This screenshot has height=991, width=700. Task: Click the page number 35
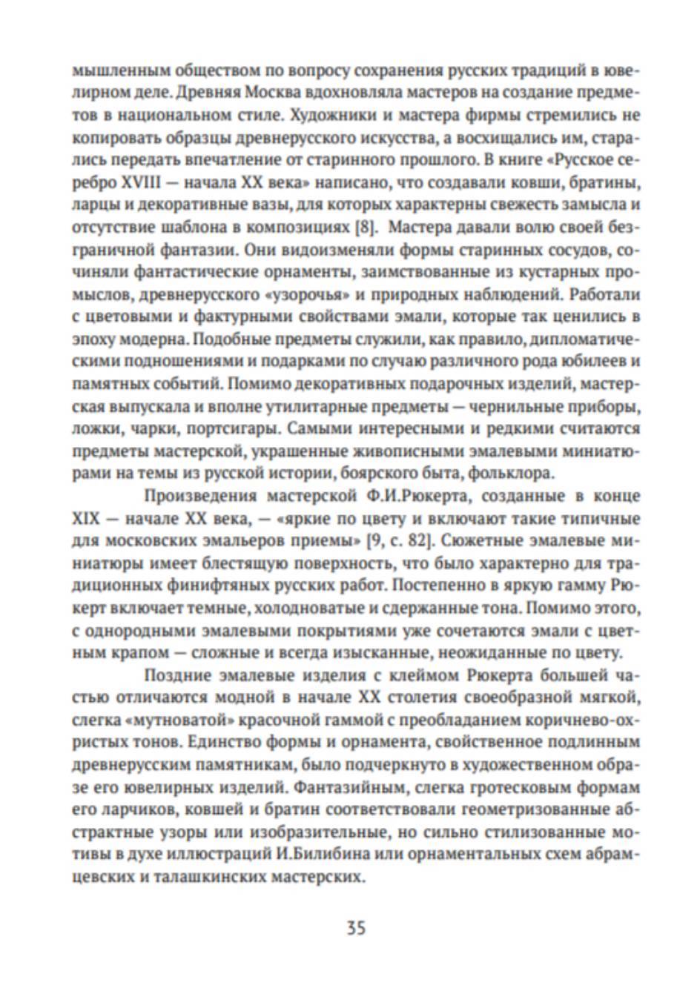[356, 927]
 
